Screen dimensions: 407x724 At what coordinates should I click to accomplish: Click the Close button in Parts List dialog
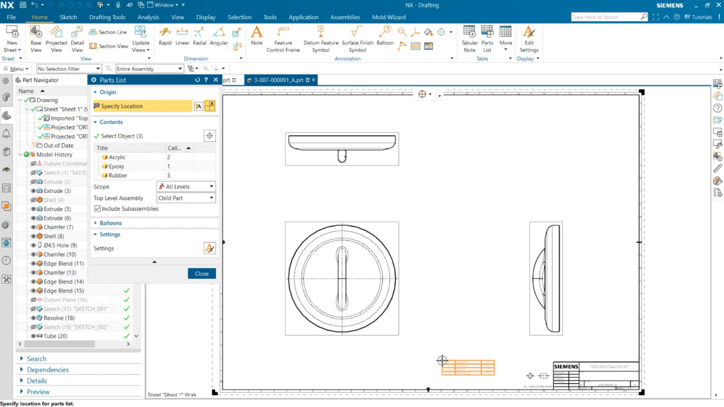pyautogui.click(x=202, y=274)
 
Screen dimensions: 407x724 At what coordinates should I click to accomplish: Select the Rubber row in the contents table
pyautogui.click(x=118, y=175)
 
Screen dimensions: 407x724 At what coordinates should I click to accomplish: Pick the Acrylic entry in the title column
pyautogui.click(x=117, y=158)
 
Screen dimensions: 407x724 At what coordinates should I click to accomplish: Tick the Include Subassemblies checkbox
pyautogui.click(x=98, y=208)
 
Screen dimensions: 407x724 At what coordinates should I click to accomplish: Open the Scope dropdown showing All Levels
pyautogui.click(x=186, y=187)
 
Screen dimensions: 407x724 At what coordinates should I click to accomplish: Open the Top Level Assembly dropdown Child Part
pyautogui.click(x=186, y=198)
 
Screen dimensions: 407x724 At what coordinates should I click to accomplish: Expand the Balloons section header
pyautogui.click(x=110, y=223)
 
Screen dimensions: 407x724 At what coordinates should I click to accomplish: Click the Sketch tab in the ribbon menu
pyautogui.click(x=68, y=17)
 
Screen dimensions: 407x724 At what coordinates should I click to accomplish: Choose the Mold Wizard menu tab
pyautogui.click(x=388, y=17)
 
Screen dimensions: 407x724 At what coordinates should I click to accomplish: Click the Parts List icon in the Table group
pyautogui.click(x=487, y=39)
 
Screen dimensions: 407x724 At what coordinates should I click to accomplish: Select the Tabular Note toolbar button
pyautogui.click(x=469, y=39)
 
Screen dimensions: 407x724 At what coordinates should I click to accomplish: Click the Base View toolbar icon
pyautogui.click(x=36, y=39)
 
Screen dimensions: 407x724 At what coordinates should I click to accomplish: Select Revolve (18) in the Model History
pyautogui.click(x=59, y=318)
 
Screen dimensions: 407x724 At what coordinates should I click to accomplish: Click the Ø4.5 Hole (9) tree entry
pyautogui.click(x=60, y=245)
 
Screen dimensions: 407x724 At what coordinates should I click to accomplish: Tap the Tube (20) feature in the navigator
pyautogui.click(x=55, y=336)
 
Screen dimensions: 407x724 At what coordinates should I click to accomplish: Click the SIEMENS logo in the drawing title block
pyautogui.click(x=566, y=366)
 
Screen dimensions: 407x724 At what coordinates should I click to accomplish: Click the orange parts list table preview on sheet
pyautogui.click(x=468, y=367)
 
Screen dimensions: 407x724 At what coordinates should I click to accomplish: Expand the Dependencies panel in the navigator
pyautogui.click(x=48, y=370)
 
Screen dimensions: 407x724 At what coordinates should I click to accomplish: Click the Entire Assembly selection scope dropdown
pyautogui.click(x=149, y=69)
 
